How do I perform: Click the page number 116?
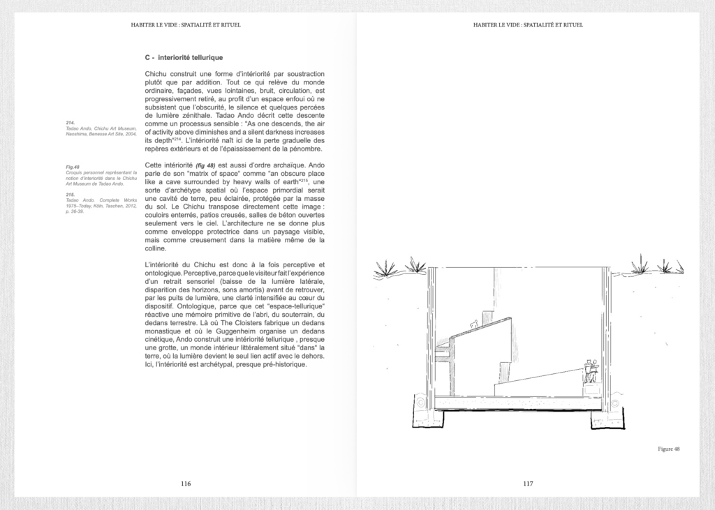pyautogui.click(x=185, y=483)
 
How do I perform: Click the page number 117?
pyautogui.click(x=527, y=483)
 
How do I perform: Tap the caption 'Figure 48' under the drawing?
pyautogui.click(x=668, y=449)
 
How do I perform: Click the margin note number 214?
pyautogui.click(x=70, y=123)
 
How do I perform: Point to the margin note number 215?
pyautogui.click(x=70, y=195)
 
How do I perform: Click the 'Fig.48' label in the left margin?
pyautogui.click(x=72, y=167)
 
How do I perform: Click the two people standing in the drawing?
pyautogui.click(x=591, y=371)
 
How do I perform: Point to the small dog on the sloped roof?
pyautogui.click(x=475, y=323)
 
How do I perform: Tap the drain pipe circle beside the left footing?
pyautogui.click(x=420, y=403)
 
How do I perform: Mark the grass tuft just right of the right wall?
pyautogui.click(x=639, y=264)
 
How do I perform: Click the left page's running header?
pyautogui.click(x=186, y=25)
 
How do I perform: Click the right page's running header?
pyautogui.click(x=527, y=25)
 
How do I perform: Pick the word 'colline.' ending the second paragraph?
pyautogui.click(x=158, y=248)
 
